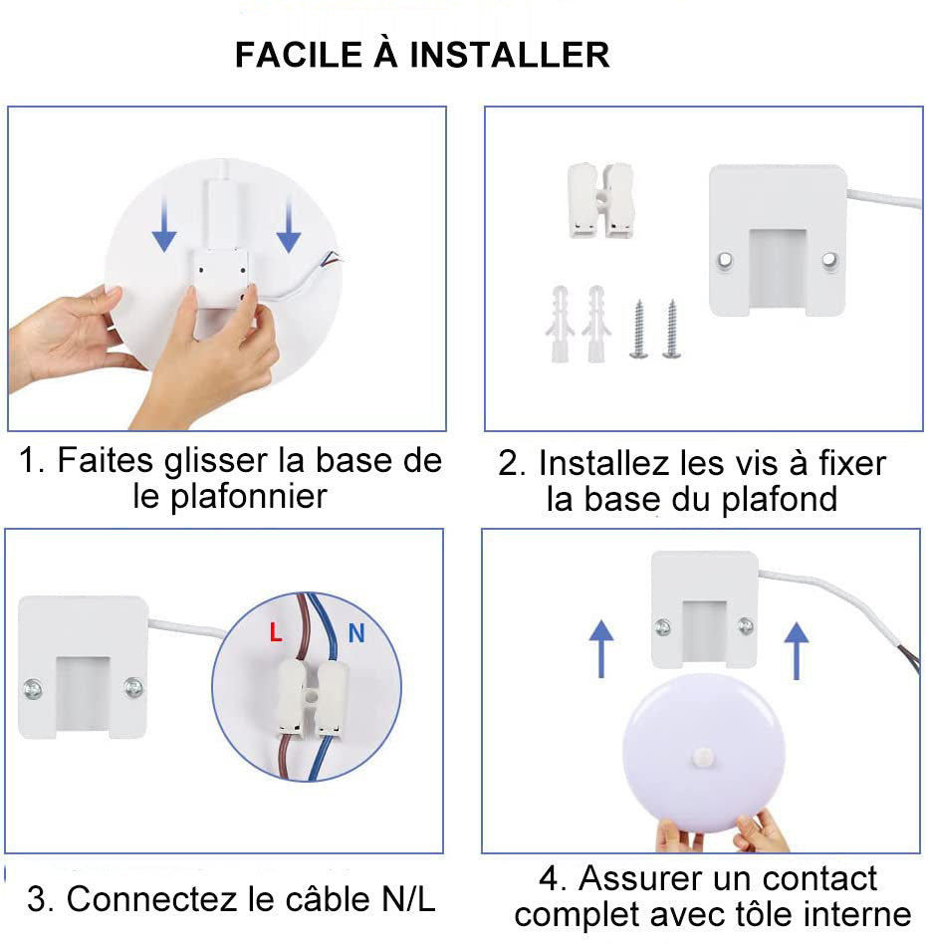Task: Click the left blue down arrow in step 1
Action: (164, 228)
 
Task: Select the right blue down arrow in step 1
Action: (289, 228)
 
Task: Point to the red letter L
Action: (276, 632)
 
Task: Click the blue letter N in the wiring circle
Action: (355, 632)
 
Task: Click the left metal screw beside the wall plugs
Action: (638, 329)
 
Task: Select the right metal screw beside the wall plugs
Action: (671, 329)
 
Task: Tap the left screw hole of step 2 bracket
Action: (727, 259)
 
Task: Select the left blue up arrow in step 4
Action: (599, 647)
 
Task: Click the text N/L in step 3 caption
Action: (408, 900)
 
